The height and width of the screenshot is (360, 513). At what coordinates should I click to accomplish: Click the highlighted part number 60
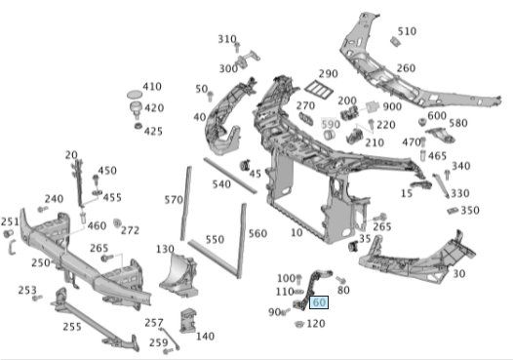tap(319, 302)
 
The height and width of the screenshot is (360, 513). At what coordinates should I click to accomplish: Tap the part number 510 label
tap(407, 31)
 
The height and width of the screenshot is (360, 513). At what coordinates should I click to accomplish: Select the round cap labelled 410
tap(135, 95)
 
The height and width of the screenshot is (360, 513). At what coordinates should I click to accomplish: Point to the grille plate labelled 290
tap(319, 89)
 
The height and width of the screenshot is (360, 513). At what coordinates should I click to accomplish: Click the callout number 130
tap(165, 249)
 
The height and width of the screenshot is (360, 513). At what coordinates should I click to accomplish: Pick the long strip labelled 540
tap(230, 175)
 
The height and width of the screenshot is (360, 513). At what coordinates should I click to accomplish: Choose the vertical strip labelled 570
tap(186, 203)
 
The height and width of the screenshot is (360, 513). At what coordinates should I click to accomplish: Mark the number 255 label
tap(72, 327)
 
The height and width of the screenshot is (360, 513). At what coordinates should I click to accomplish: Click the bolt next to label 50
tap(210, 97)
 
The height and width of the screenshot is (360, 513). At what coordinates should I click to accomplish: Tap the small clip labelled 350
tap(453, 211)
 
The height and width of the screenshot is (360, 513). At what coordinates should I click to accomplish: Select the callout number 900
tap(392, 106)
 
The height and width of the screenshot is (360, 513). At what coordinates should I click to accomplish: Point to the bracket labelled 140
tap(188, 320)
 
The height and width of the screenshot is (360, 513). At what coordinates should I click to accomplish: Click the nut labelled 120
tap(298, 324)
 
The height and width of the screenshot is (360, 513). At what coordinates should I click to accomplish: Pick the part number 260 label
tap(406, 68)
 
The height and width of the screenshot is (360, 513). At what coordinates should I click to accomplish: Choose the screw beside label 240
tap(43, 209)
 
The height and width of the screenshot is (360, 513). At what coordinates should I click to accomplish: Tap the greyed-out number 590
tap(331, 124)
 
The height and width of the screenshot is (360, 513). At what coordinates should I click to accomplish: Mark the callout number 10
tap(296, 233)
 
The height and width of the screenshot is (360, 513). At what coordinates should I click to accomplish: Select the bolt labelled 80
tap(340, 280)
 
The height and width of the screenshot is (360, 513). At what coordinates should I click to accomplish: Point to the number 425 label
tap(153, 132)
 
